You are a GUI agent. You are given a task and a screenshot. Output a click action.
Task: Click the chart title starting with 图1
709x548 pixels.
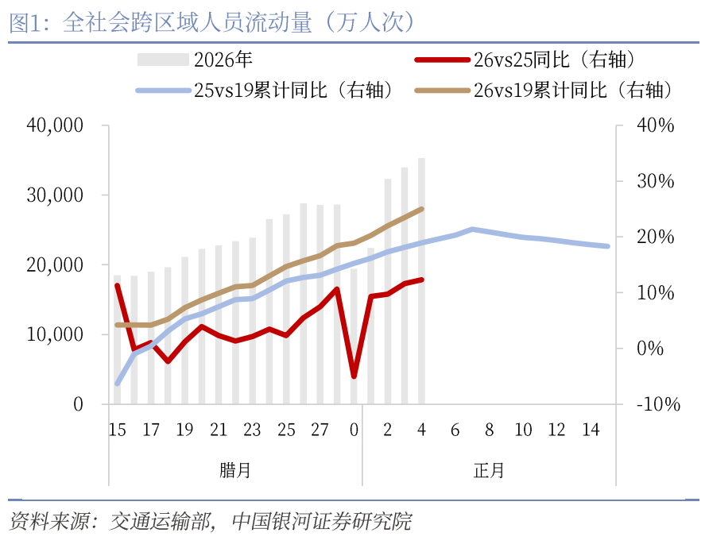213,22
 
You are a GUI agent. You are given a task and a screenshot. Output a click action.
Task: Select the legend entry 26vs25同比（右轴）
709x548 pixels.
529,60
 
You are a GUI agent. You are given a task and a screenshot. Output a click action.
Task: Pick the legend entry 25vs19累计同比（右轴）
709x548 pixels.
267,90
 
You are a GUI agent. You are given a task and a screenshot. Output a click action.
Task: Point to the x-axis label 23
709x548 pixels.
252,430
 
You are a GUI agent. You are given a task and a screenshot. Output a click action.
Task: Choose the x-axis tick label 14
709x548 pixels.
591,430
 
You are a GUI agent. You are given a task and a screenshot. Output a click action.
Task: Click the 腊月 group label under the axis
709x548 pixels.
235,470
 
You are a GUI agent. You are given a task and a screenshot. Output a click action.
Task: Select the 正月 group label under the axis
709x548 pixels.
489,470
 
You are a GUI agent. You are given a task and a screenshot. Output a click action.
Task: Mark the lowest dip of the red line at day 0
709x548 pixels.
354,376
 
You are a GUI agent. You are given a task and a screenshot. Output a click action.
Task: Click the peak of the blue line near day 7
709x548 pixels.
472,230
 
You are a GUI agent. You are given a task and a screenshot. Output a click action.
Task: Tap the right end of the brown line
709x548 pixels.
421,209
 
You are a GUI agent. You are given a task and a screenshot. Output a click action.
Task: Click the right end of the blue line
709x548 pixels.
607,246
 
